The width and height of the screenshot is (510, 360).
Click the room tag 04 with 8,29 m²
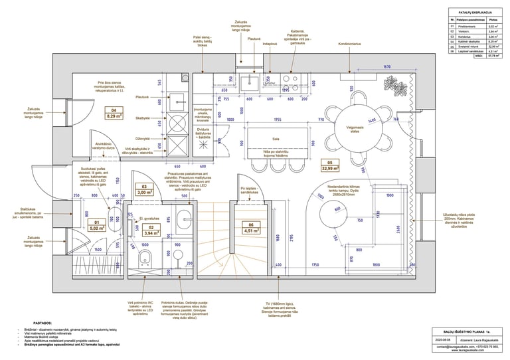click(114, 113)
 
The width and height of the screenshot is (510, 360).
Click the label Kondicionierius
click(349, 45)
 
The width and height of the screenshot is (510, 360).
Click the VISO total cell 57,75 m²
click(493, 56)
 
